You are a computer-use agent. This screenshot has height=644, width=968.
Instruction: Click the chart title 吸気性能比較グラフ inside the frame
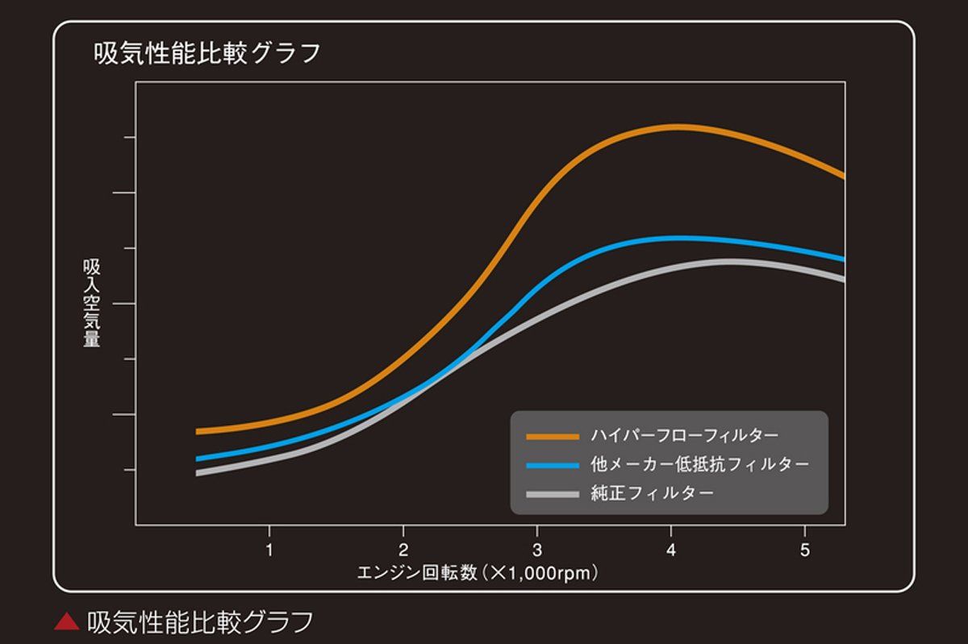(x=207, y=53)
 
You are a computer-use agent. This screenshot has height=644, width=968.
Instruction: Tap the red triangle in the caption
(x=66, y=621)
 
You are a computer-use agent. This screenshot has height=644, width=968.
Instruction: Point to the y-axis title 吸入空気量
(x=91, y=303)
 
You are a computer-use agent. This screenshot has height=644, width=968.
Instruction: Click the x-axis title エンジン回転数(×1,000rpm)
(x=478, y=574)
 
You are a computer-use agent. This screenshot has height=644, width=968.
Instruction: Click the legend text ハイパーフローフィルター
(x=684, y=436)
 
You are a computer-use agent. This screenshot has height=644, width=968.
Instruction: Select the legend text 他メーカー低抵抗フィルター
(x=699, y=464)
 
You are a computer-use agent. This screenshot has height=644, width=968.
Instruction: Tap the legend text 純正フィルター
(x=652, y=492)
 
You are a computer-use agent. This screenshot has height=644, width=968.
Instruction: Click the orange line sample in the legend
(x=553, y=437)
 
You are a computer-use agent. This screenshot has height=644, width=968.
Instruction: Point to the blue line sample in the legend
(x=553, y=465)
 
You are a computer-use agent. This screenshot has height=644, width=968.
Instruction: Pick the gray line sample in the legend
(x=553, y=493)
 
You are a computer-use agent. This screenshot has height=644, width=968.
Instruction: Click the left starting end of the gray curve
(x=198, y=473)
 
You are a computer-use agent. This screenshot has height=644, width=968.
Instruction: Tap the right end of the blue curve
(x=843, y=260)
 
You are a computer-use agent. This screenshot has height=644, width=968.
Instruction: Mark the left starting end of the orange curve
(x=198, y=431)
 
